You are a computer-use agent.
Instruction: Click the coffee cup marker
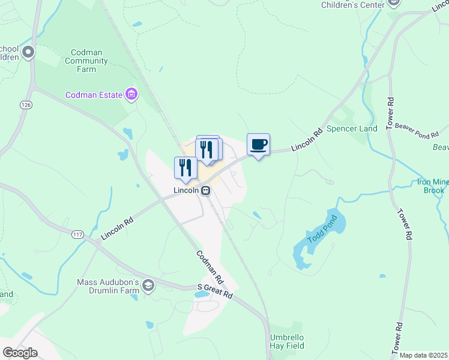click(258, 145)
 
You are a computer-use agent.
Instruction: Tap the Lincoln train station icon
click(205, 190)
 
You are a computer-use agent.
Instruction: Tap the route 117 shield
click(76, 235)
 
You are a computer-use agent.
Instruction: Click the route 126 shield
click(25, 104)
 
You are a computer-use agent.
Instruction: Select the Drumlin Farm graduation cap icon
click(148, 287)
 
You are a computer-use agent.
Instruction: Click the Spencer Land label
click(352, 129)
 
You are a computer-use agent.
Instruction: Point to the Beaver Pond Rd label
click(417, 125)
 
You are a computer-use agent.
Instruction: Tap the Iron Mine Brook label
click(430, 186)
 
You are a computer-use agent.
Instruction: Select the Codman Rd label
click(210, 267)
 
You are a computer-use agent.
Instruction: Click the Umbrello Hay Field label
click(287, 341)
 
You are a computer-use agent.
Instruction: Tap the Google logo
click(20, 353)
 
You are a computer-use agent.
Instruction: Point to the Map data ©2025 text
click(423, 355)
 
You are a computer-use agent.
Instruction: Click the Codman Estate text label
click(94, 95)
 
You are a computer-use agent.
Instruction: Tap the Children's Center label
click(352, 5)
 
